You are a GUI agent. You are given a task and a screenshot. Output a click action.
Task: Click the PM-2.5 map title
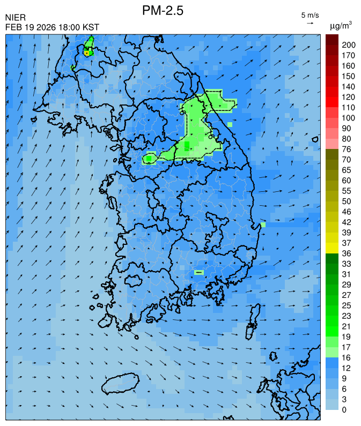(x=163, y=10)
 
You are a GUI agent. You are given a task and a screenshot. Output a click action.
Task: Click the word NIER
(x=16, y=18)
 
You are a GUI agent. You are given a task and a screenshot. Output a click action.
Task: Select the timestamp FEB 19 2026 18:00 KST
(x=52, y=27)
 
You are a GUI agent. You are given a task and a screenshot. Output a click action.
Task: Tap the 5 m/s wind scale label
(x=310, y=14)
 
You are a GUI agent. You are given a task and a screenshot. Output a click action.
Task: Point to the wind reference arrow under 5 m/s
(x=310, y=23)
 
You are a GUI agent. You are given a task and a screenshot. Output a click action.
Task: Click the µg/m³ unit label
(x=341, y=25)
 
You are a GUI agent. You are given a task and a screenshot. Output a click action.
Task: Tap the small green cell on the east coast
(x=263, y=225)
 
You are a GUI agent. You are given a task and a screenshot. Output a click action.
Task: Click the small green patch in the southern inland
(x=199, y=272)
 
